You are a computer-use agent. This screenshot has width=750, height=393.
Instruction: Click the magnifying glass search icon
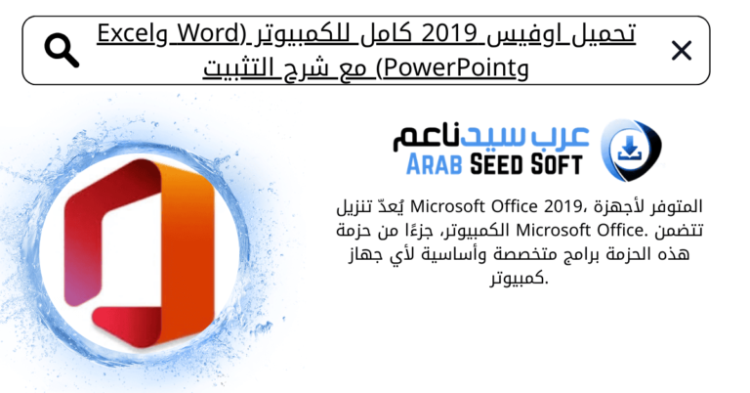[x=62, y=51]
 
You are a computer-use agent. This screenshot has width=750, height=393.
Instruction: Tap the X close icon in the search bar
[x=681, y=51]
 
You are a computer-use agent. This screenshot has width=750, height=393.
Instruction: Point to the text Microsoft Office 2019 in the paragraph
[x=482, y=208]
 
